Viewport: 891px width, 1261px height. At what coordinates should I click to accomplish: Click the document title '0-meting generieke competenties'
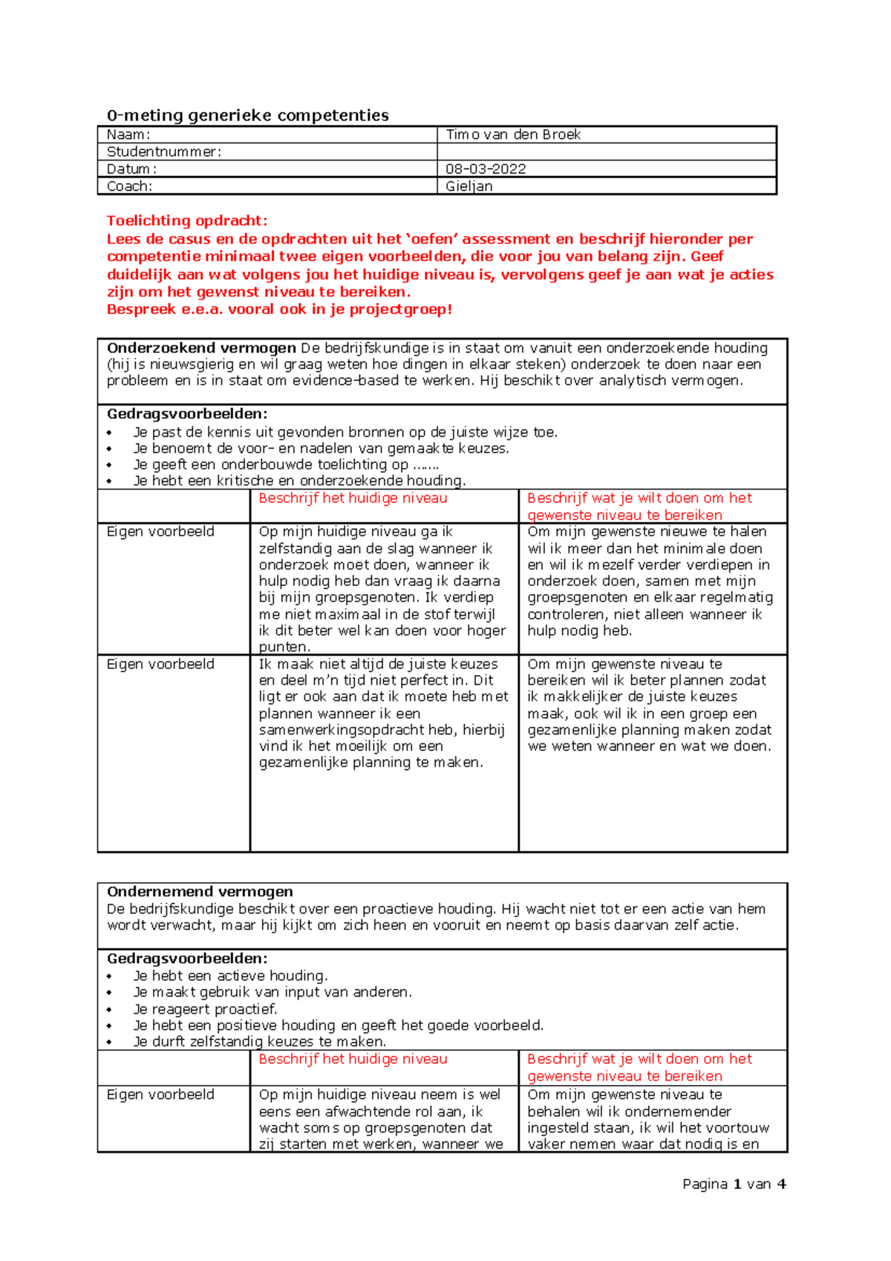pyautogui.click(x=247, y=115)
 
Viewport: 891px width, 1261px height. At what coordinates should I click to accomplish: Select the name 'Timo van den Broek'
pyautogui.click(x=513, y=134)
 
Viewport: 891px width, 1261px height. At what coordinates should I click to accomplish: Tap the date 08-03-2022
pyautogui.click(x=486, y=169)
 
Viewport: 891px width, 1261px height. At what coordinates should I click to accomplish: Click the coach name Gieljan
pyautogui.click(x=469, y=186)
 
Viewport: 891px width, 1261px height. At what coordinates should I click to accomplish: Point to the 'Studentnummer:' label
pyautogui.click(x=164, y=151)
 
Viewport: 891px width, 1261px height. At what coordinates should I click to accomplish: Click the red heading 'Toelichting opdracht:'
pyautogui.click(x=187, y=221)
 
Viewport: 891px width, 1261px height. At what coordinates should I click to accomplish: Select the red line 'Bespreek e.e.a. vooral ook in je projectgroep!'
pyautogui.click(x=279, y=309)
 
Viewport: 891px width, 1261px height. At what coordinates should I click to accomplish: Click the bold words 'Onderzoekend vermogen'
pyautogui.click(x=201, y=348)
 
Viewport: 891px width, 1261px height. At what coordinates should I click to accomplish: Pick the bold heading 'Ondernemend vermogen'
pyautogui.click(x=200, y=891)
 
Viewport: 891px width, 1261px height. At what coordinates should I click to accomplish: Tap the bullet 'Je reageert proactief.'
pyautogui.click(x=205, y=1009)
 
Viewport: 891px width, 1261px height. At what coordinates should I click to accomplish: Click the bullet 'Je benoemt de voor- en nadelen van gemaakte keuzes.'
pyautogui.click(x=321, y=448)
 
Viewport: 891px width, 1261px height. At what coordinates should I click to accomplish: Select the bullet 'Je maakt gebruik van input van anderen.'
pyautogui.click(x=272, y=992)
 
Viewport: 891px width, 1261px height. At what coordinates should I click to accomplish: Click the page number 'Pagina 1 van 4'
pyautogui.click(x=734, y=1184)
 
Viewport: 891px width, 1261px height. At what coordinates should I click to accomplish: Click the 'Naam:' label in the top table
pyautogui.click(x=128, y=134)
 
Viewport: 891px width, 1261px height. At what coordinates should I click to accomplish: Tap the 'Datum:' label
pyautogui.click(x=131, y=169)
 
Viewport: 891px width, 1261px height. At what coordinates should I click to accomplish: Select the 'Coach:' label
pyautogui.click(x=129, y=186)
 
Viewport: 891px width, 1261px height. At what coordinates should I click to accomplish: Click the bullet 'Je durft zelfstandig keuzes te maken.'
pyautogui.click(x=259, y=1041)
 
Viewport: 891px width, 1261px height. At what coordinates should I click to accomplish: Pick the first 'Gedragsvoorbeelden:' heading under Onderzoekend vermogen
pyautogui.click(x=187, y=414)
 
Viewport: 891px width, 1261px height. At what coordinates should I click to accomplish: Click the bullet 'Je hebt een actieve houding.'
pyautogui.click(x=230, y=976)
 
